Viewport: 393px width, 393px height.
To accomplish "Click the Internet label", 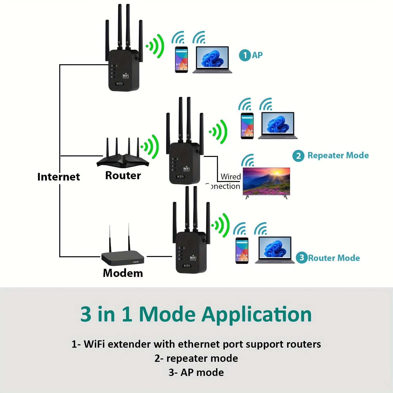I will coord(58,177).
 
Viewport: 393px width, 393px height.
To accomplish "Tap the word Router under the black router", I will coord(123,176).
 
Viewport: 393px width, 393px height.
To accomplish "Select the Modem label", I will coord(123,273).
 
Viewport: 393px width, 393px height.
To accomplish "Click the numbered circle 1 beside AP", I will coord(245,55).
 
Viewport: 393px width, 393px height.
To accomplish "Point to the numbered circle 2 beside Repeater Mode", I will coord(298,156).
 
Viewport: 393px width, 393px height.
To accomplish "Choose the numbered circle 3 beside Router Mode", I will coord(302,258).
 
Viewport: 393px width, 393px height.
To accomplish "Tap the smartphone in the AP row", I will coord(181,60).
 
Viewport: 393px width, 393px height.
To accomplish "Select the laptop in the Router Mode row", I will coord(275,250).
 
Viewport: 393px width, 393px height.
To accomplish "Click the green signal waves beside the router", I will coord(150,147).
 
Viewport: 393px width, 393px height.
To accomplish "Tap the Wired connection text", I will coord(225,181).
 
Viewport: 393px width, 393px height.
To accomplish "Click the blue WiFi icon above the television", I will coord(248,160).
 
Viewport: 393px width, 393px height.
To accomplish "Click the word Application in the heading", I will coord(256,314).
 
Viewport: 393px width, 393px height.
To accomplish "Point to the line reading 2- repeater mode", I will coord(196,358).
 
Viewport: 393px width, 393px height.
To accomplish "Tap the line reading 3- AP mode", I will coord(196,372).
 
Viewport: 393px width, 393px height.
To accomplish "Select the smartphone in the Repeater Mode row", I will coord(247,126).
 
